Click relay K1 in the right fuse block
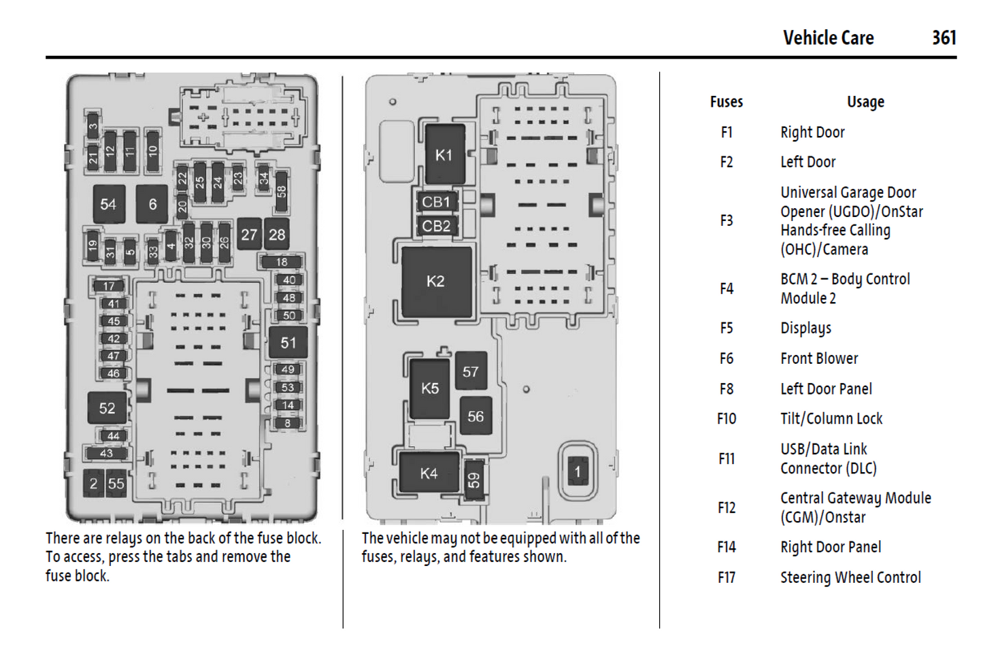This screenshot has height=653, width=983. [x=444, y=155]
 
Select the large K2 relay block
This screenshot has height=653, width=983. [x=436, y=282]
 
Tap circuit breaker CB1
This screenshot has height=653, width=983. [x=436, y=202]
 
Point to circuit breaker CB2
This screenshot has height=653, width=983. [x=436, y=226]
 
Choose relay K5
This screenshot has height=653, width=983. [x=430, y=388]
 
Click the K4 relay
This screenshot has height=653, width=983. [x=429, y=473]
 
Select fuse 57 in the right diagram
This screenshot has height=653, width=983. [x=471, y=371]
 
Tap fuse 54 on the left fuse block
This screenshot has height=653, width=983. [x=108, y=204]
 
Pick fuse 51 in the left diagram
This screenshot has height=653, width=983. [x=288, y=343]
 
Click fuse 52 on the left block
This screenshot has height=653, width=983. [x=107, y=408]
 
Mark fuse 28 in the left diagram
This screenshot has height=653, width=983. [x=277, y=235]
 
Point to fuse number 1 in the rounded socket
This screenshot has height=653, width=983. [x=578, y=471]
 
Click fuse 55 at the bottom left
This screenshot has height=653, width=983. [x=116, y=484]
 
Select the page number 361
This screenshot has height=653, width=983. [x=944, y=37]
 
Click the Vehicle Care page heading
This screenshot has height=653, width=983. [x=828, y=37]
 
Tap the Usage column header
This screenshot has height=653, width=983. [x=865, y=102]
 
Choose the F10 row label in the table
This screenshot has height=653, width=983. [x=727, y=419]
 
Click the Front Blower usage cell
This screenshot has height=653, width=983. [x=819, y=358]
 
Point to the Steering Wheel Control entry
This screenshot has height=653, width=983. [x=850, y=577]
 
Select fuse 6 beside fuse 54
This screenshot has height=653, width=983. [x=152, y=204]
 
